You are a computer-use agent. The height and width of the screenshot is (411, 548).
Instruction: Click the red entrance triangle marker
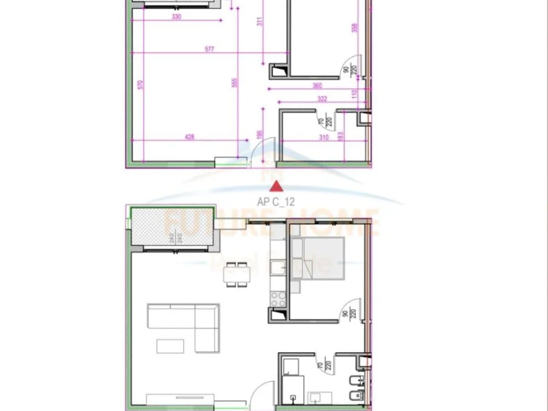[x=277, y=186]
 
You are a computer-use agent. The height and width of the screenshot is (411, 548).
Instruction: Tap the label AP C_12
[x=276, y=202]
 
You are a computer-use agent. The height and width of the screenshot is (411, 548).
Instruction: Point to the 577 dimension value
[x=209, y=50]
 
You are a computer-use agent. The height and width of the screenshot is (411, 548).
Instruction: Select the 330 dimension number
[x=177, y=17]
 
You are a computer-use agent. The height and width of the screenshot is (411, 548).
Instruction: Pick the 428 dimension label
[x=189, y=137]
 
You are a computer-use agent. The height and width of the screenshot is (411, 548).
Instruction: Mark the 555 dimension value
[x=234, y=82]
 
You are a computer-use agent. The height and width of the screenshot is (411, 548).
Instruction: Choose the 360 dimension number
[x=317, y=85]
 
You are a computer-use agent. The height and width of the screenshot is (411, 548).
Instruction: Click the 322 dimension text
[x=322, y=99]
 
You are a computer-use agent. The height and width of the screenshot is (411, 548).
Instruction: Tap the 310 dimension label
[x=324, y=137]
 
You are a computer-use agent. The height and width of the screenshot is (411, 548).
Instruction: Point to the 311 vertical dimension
[x=259, y=23]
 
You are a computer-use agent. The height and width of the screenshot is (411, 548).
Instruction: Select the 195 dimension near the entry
[x=260, y=134]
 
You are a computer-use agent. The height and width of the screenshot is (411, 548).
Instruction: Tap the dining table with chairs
[x=237, y=274]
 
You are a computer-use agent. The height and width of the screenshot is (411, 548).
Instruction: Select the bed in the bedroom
[x=318, y=258]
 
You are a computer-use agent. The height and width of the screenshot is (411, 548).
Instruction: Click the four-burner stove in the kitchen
[x=277, y=299]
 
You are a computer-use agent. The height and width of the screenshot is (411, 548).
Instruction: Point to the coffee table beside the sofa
[x=171, y=346]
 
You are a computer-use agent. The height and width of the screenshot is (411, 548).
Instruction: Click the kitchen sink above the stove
[x=277, y=267]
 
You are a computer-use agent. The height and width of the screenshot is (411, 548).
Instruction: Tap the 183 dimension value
[x=340, y=136]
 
